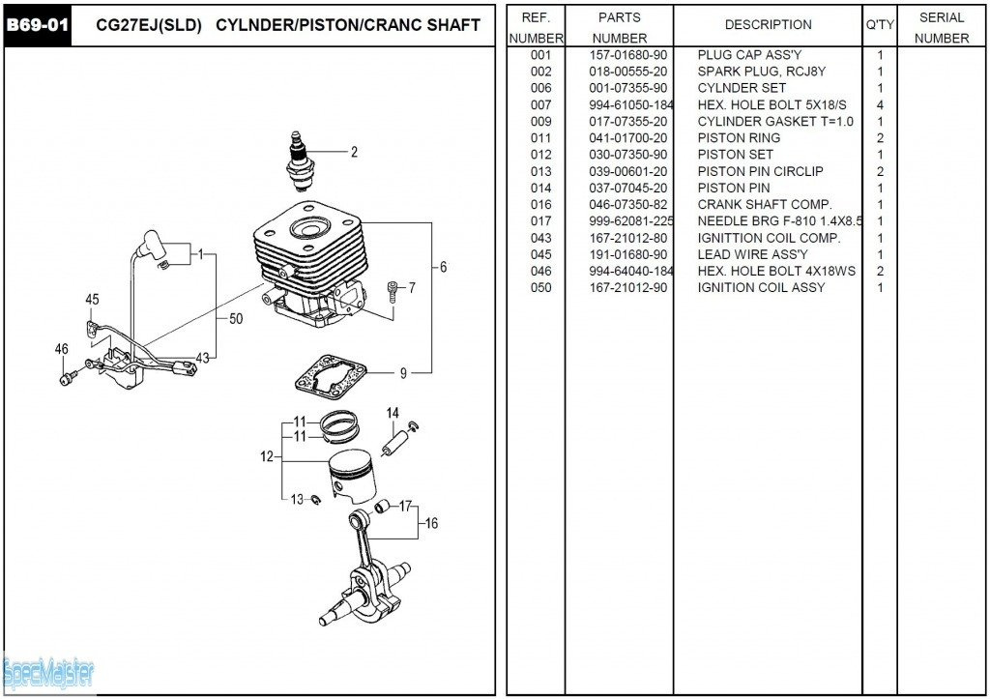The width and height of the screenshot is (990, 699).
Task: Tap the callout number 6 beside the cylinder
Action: [444, 268]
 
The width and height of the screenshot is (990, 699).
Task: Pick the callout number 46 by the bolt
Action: [62, 350]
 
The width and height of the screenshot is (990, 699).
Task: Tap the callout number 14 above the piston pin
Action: [393, 414]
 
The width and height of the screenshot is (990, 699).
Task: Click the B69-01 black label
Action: [37, 24]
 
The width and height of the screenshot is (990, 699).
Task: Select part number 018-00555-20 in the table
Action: [627, 72]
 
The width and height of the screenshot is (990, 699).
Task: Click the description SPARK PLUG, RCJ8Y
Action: [761, 72]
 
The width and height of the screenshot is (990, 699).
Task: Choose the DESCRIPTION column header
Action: [768, 25]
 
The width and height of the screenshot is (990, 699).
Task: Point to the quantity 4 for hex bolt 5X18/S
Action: [880, 104]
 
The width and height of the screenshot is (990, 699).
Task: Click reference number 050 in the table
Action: [540, 287]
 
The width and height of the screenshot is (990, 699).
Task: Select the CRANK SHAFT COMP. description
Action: [764, 205]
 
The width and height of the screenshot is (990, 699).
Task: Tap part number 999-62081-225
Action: [630, 221]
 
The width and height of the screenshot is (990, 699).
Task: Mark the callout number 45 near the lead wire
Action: [92, 300]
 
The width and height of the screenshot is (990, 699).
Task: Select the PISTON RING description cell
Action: [739, 138]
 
